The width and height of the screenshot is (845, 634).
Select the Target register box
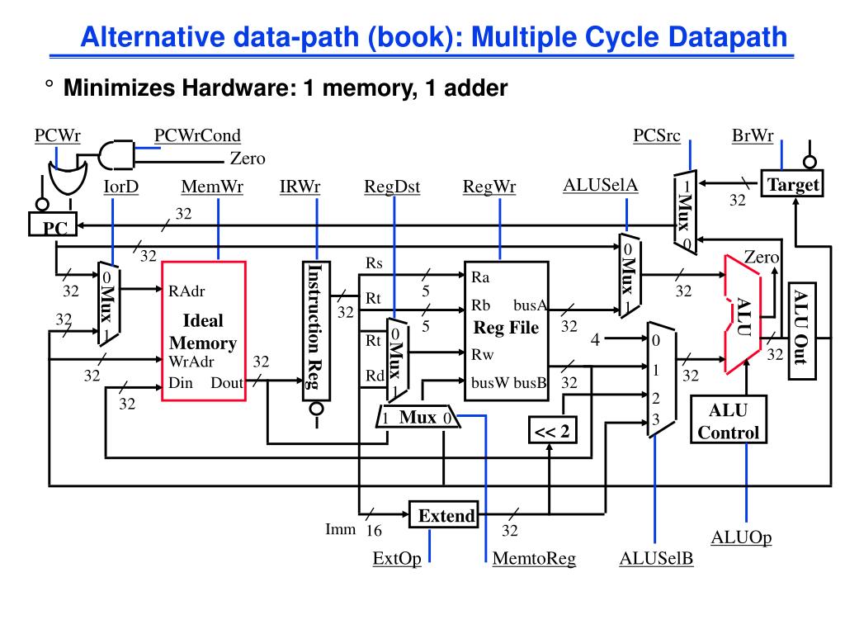click(x=792, y=185)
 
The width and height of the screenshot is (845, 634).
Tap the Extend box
click(x=446, y=517)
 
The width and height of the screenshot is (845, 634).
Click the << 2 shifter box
click(x=551, y=431)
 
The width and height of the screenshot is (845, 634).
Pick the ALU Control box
click(x=728, y=421)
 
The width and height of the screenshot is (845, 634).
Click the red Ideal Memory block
click(x=203, y=330)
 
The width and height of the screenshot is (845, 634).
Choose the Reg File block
click(x=506, y=330)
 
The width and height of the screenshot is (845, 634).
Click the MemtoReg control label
click(x=534, y=560)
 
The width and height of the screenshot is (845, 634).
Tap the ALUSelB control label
click(x=656, y=560)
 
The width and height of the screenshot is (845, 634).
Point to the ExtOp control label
click(x=397, y=560)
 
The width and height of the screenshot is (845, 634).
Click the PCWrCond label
click(x=197, y=135)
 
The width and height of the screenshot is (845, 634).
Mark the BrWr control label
click(x=752, y=135)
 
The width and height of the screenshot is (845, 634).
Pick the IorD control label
click(x=120, y=187)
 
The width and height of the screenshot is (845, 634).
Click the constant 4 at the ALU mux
click(x=593, y=339)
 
